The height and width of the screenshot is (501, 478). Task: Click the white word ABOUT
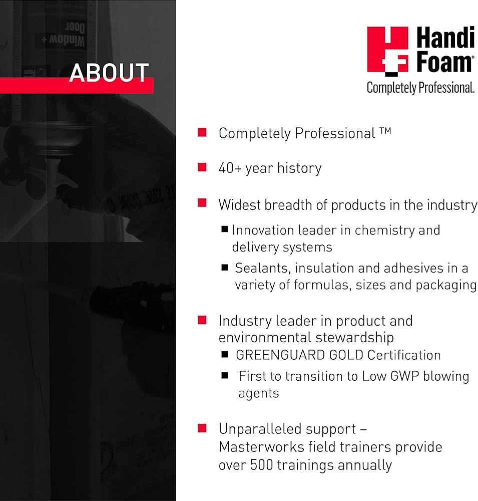(109, 73)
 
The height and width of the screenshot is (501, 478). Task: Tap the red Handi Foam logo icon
(387, 51)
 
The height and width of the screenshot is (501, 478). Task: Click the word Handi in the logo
(445, 37)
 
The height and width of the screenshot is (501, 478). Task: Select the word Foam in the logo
(444, 62)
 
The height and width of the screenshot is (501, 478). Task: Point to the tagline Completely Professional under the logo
(420, 88)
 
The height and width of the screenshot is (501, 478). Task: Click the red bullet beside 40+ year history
(202, 167)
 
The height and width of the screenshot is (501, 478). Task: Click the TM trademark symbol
(385, 130)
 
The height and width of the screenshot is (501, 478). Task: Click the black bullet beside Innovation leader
(224, 229)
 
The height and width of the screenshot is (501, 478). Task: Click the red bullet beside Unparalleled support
(202, 428)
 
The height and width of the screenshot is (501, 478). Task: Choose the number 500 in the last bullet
(261, 465)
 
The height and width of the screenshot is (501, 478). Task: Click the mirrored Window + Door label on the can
(64, 35)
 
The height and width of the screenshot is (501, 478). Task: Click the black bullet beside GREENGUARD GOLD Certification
(224, 354)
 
